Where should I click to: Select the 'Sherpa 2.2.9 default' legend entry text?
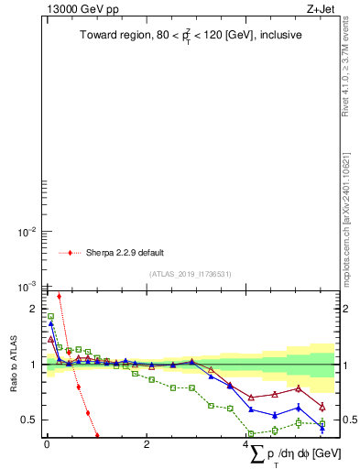(x=125, y=253)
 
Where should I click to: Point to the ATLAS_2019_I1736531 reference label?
(x=190, y=274)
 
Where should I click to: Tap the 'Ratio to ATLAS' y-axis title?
(x=12, y=365)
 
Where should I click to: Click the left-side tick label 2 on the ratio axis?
(x=33, y=310)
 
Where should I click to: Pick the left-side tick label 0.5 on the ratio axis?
(x=28, y=420)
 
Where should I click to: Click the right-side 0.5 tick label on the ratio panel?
(x=349, y=420)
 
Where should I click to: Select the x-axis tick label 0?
(x=47, y=444)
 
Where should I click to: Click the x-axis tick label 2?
(x=147, y=444)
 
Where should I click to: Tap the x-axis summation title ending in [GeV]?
(x=293, y=454)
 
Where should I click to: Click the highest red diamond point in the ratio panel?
(x=59, y=296)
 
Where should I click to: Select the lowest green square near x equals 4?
(x=252, y=433)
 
